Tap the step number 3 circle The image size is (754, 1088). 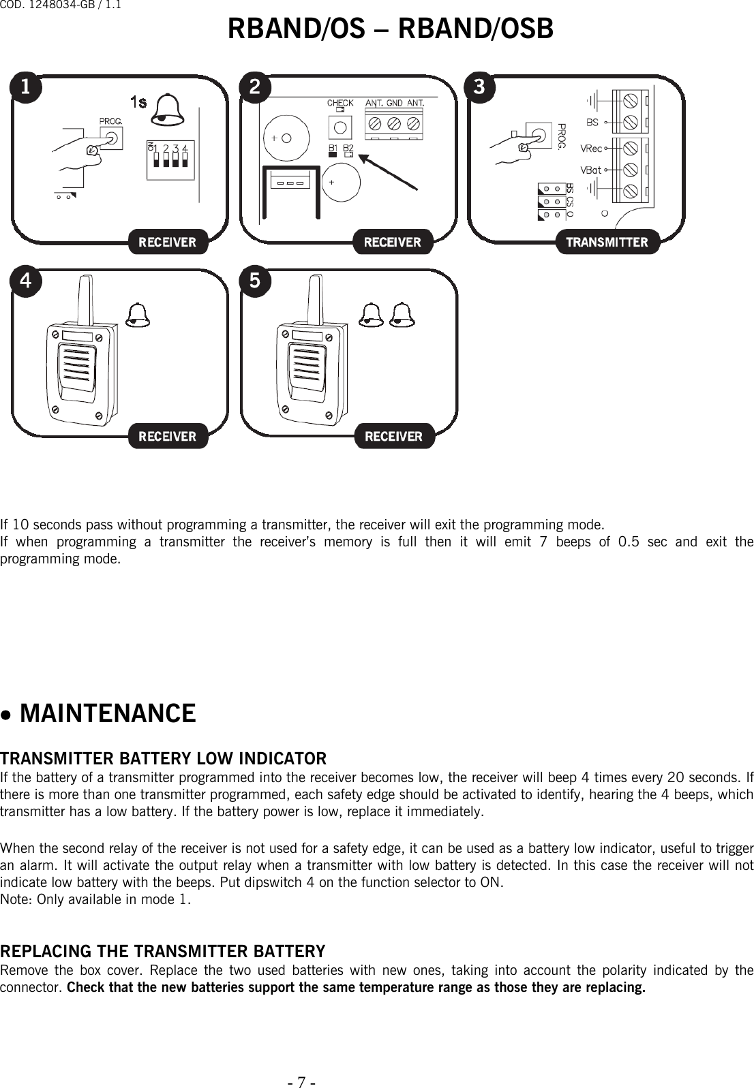(479, 87)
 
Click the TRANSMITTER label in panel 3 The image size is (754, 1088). (607, 242)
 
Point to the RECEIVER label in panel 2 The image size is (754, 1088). (393, 242)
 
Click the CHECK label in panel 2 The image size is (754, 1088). (340, 104)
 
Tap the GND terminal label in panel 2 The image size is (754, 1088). (395, 104)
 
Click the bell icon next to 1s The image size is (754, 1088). (168, 110)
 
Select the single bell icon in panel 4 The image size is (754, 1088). (138, 315)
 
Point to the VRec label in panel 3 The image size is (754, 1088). (591, 149)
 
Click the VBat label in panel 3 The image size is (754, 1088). (591, 170)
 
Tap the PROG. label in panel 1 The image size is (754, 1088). (110, 121)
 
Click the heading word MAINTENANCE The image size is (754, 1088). (108, 714)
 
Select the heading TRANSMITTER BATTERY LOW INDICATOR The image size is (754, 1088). (163, 758)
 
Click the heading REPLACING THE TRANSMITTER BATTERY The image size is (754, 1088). (162, 951)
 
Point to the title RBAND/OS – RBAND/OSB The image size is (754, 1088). (390, 29)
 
